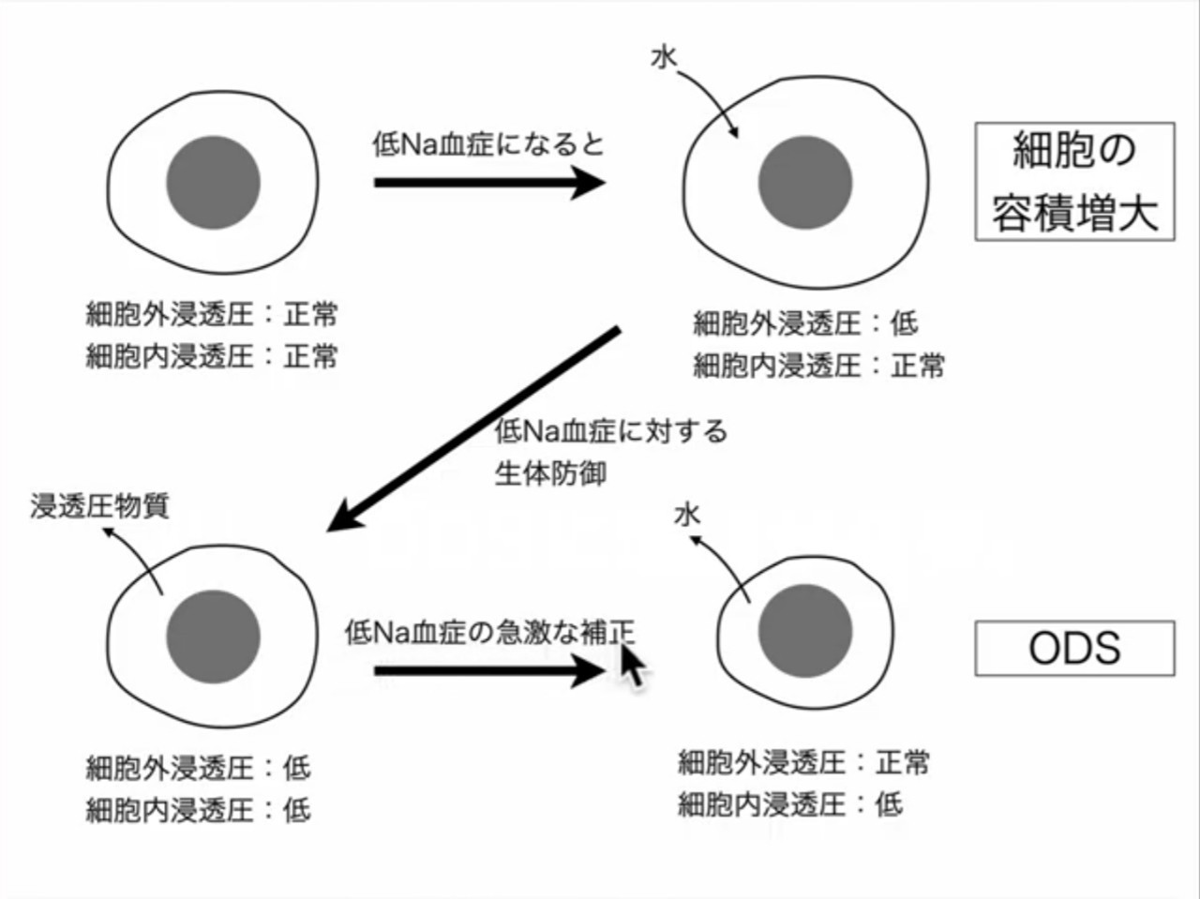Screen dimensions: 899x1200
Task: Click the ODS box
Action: tap(1074, 648)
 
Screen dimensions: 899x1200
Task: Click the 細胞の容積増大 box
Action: tap(1074, 182)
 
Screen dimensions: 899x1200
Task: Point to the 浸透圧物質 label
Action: tap(99, 506)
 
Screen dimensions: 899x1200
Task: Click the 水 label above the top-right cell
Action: tap(663, 58)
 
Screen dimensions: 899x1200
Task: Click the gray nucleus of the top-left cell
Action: tap(213, 182)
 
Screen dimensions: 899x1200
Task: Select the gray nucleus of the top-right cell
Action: tap(804, 182)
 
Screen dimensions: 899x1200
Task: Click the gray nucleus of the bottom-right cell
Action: tap(804, 630)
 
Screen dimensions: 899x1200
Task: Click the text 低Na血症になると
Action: tap(488, 143)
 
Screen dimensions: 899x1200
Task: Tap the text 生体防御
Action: tap(550, 473)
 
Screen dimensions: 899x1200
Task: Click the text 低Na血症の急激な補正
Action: tap(489, 633)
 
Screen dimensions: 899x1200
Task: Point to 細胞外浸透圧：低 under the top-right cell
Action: tap(805, 323)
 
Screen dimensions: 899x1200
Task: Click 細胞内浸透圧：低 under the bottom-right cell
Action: tap(790, 803)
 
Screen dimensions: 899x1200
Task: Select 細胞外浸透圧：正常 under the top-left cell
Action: tap(212, 313)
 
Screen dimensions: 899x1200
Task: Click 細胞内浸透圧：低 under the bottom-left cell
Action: tap(198, 809)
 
